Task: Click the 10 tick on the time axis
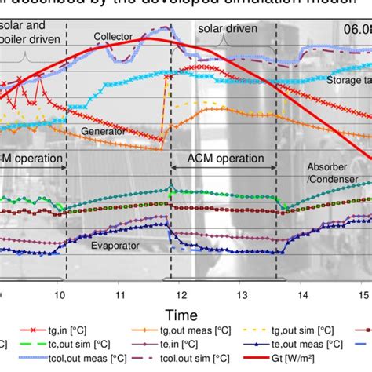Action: (x=60, y=294)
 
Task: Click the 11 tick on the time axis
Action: (x=119, y=294)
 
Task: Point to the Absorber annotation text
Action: (x=326, y=167)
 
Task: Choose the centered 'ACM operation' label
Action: (x=222, y=158)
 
